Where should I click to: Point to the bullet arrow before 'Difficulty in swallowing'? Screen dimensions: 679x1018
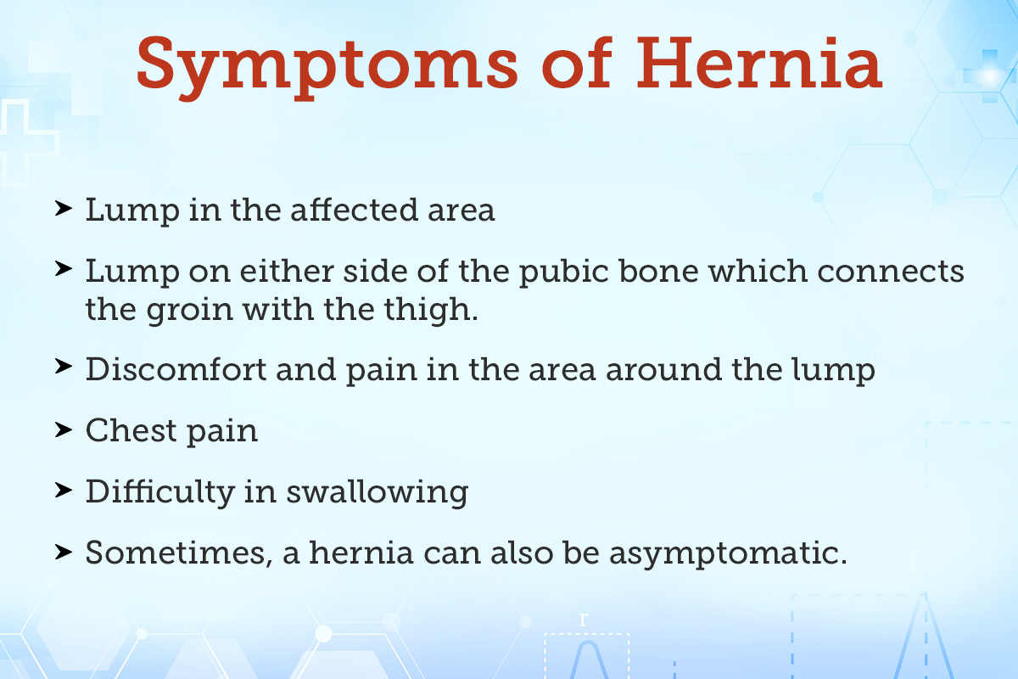click(x=63, y=490)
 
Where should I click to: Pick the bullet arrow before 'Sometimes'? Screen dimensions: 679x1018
click(x=63, y=551)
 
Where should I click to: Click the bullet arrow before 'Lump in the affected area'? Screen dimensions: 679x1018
click(x=63, y=208)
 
